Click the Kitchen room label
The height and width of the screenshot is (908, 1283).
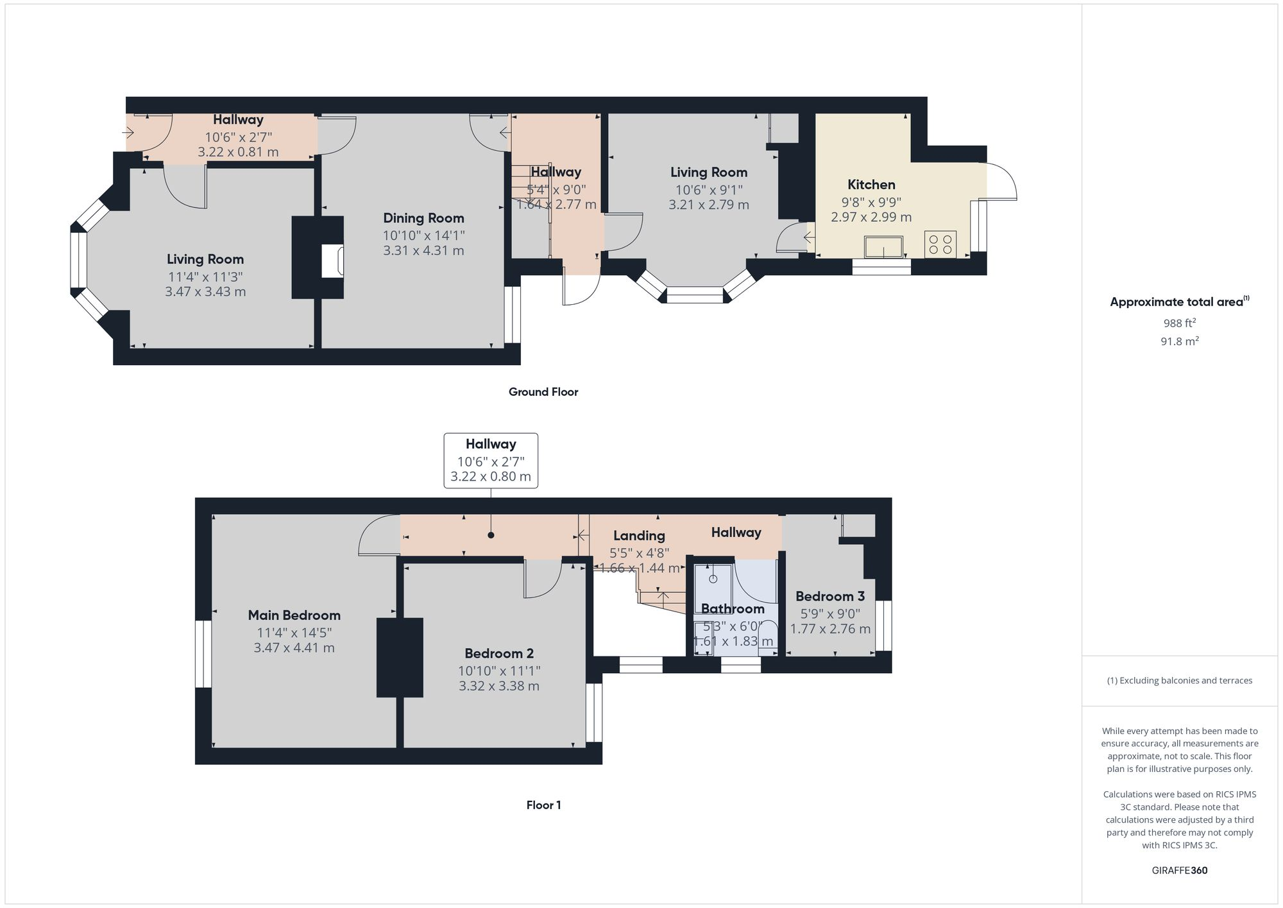pos(871,185)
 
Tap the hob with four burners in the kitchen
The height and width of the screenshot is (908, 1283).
pos(940,244)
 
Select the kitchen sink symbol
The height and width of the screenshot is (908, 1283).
pos(883,246)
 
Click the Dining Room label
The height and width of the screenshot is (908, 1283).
pos(423,218)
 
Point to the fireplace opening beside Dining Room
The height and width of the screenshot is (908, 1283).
pos(333,261)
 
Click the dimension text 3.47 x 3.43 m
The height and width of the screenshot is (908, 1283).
pos(205,292)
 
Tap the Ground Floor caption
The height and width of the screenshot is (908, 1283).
pos(543,392)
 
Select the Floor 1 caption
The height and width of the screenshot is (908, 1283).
pos(543,805)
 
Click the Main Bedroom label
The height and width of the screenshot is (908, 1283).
pos(294,615)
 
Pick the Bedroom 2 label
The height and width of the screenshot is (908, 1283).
pos(499,654)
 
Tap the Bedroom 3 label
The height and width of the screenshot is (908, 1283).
pos(830,597)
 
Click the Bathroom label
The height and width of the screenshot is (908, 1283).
pos(733,609)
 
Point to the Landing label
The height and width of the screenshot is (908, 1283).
pos(639,536)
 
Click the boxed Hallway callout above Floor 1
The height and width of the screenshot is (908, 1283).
pos(491,461)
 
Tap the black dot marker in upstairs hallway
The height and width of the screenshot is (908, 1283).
pos(491,535)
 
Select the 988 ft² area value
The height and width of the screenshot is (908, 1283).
pos(1179,323)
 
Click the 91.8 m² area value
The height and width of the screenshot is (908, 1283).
pos(1179,341)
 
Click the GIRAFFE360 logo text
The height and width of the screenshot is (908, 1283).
pos(1179,871)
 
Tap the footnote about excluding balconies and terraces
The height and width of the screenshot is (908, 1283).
pos(1179,681)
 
